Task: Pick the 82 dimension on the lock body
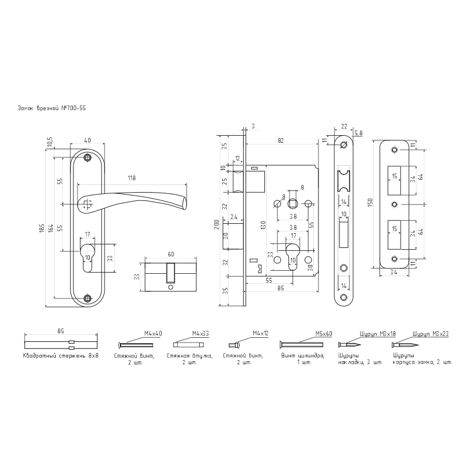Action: tap(281, 140)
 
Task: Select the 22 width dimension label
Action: tap(344, 125)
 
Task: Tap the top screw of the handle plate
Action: tap(88, 158)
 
